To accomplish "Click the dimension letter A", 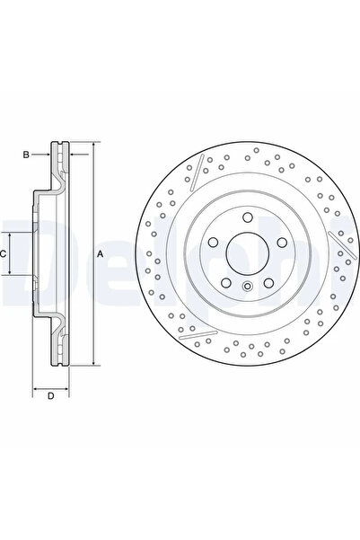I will coord(101,254).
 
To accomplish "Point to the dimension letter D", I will coord(50,395).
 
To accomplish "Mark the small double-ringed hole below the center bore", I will coord(246,287).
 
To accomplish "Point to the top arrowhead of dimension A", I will coord(91,145).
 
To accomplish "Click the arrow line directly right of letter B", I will coord(41,155).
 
